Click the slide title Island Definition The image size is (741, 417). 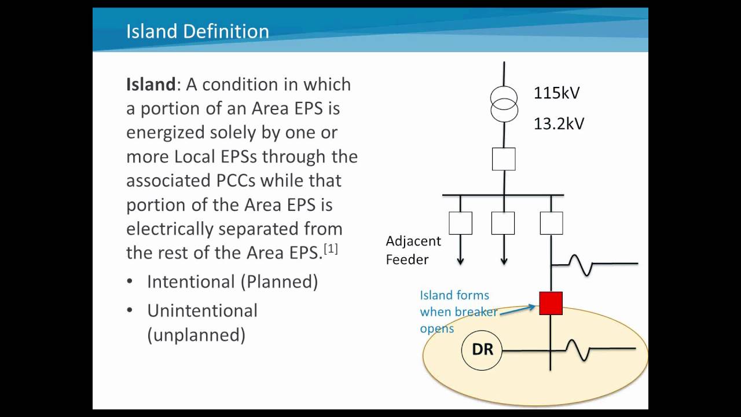pyautogui.click(x=197, y=31)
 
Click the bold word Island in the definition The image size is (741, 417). pyautogui.click(x=151, y=85)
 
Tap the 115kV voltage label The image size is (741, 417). pyautogui.click(x=556, y=93)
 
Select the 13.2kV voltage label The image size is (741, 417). pyautogui.click(x=559, y=123)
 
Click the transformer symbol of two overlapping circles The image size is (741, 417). pyautogui.click(x=504, y=104)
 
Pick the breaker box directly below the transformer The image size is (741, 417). pyautogui.click(x=504, y=159)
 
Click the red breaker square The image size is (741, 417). pyautogui.click(x=551, y=303)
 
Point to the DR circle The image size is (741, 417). pyautogui.click(x=482, y=350)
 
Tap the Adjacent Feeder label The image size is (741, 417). pyautogui.click(x=413, y=250)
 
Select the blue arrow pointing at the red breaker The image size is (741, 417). pyautogui.click(x=518, y=310)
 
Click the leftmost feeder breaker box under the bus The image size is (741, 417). pyautogui.click(x=460, y=223)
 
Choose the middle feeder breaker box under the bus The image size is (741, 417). pyautogui.click(x=503, y=223)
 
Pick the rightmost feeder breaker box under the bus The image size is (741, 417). pyautogui.click(x=551, y=223)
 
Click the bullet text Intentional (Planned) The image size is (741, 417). pyautogui.click(x=232, y=282)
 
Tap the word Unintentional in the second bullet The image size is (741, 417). pyautogui.click(x=202, y=311)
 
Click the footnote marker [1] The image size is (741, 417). pyautogui.click(x=331, y=248)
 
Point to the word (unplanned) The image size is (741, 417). pyautogui.click(x=196, y=335)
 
